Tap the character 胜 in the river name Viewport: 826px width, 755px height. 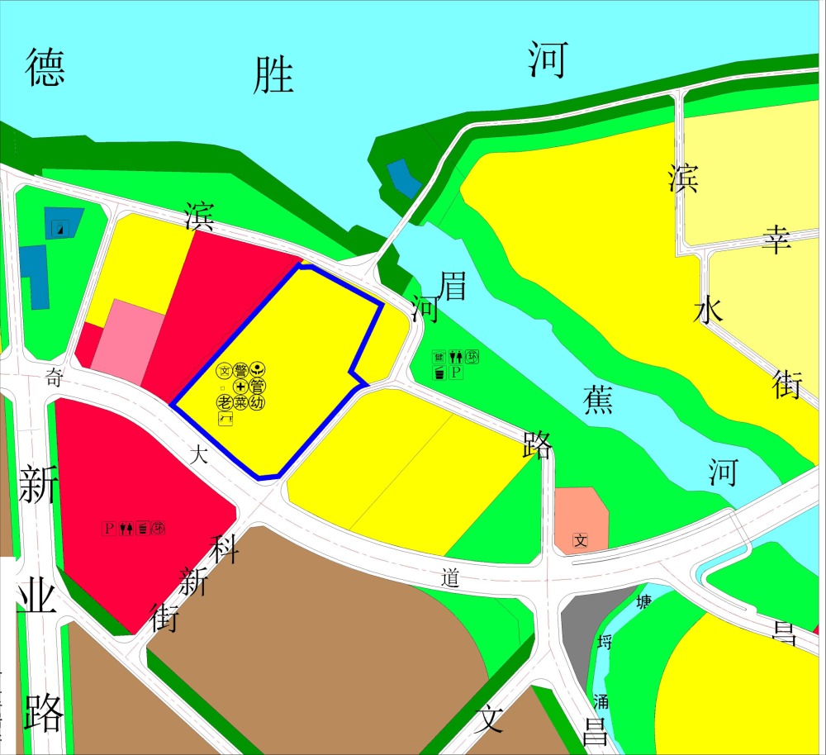[x=274, y=75]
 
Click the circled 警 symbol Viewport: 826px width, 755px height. [x=241, y=370]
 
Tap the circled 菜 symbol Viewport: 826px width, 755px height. [x=240, y=402]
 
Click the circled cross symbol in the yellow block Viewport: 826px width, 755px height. [x=240, y=386]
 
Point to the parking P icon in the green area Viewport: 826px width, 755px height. [x=456, y=373]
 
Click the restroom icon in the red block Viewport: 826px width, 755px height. [x=126, y=527]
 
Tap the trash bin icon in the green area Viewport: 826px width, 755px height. [x=439, y=373]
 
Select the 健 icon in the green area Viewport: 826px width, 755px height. [x=439, y=357]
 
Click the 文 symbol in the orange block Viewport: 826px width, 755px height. [x=581, y=541]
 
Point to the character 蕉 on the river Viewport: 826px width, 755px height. [x=597, y=401]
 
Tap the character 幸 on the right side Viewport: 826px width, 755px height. [x=776, y=239]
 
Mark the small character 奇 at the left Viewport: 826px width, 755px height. [x=55, y=378]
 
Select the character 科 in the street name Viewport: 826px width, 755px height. [x=225, y=548]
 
